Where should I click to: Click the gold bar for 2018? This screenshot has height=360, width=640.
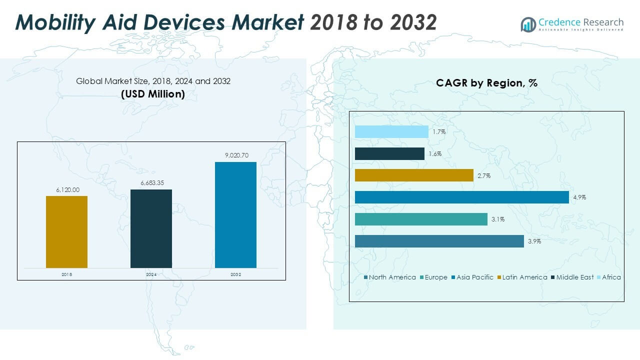pos(66,231)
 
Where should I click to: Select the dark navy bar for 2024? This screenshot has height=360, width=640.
pos(151,228)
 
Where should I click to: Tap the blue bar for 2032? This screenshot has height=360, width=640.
pos(235,214)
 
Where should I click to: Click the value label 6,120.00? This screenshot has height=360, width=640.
pos(66,190)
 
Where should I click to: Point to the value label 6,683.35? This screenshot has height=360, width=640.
pos(151,183)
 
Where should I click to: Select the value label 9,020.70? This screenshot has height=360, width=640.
pos(235,155)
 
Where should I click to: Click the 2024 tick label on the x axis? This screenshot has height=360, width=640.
pos(151,275)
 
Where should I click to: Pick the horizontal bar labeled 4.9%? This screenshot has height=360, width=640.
pos(461,197)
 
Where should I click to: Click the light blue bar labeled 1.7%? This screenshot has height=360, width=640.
pos(391,131)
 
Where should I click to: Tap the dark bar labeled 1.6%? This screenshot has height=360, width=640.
pos(389,153)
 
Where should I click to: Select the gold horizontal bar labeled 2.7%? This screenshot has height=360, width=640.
pos(414,175)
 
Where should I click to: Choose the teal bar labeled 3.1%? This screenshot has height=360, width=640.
pos(421,219)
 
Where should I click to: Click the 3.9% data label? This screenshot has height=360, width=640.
pos(534,241)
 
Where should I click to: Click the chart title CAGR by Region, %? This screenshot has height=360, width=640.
pos(486,83)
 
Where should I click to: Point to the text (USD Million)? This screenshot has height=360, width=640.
pos(153,93)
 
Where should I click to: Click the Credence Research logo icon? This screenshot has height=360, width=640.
pos(528,24)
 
